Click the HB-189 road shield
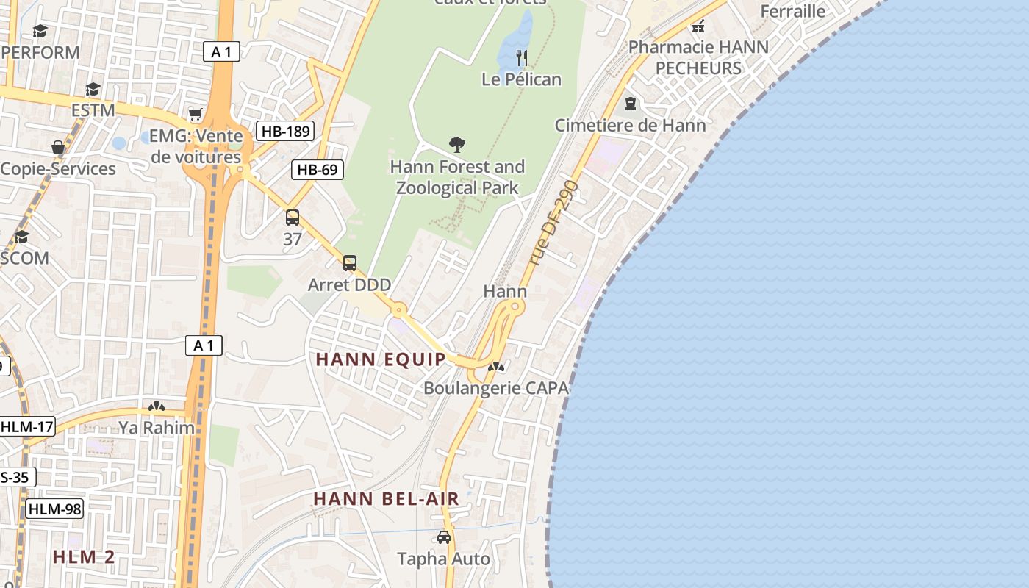coord(286,132)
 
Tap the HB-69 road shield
coord(318,170)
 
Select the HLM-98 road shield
coord(54,509)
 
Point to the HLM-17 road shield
coord(27,426)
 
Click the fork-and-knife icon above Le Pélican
coord(522,57)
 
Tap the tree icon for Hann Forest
coord(457,144)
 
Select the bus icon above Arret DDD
coord(350,263)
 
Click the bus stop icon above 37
coord(293,218)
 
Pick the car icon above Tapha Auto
coord(443,537)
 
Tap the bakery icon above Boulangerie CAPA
coord(496,367)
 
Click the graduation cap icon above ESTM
coord(93,89)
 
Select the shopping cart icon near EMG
coord(195,114)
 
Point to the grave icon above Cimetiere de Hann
coord(630,104)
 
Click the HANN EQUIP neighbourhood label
coord(381,359)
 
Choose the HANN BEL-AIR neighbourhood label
coord(386,498)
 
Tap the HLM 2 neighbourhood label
coord(84,556)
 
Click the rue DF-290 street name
coord(553,223)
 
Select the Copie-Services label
coord(58,169)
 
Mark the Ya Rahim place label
coord(157,428)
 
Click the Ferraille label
coord(792,11)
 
